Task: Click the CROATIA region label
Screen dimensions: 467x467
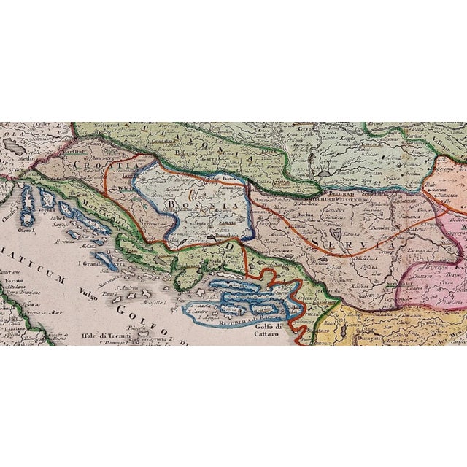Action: point(93,166)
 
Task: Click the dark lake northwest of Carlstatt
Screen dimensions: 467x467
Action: point(12,145)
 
